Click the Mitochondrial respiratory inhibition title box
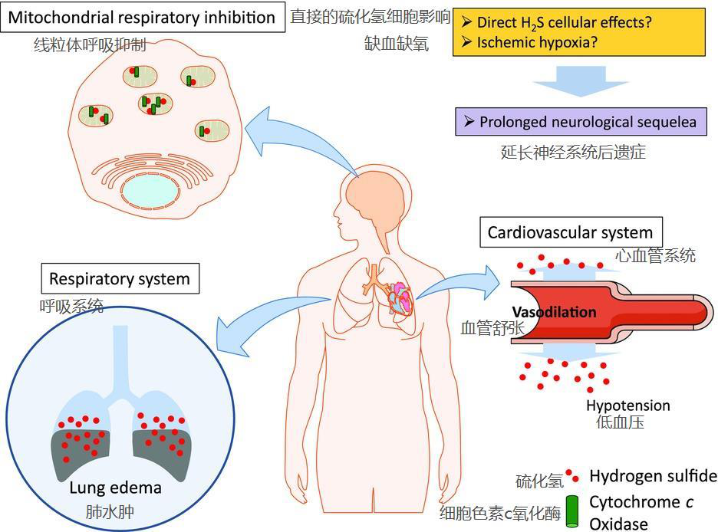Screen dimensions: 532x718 [142, 18]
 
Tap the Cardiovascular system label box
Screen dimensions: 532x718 [570, 232]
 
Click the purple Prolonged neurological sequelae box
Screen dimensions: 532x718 [581, 122]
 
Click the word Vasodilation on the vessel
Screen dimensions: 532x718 [554, 312]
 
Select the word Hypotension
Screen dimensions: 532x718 [627, 406]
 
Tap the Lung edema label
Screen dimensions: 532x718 [115, 488]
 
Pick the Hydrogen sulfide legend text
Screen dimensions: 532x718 [653, 476]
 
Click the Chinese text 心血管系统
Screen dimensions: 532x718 [656, 255]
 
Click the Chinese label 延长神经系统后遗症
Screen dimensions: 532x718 [573, 152]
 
